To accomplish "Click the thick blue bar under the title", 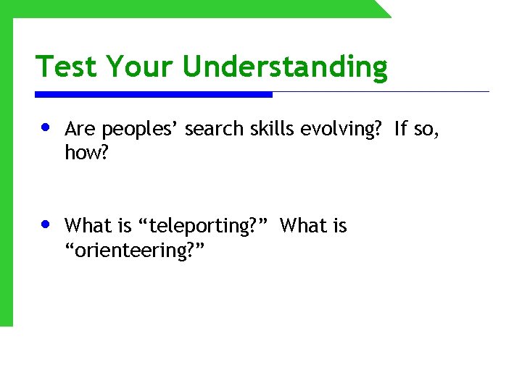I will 154,94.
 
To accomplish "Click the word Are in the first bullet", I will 80,130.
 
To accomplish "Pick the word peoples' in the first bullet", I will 141,130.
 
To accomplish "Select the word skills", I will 263,130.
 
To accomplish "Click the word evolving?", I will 336,130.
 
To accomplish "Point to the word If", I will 401,130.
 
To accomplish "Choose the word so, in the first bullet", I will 427,130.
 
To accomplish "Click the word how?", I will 84,153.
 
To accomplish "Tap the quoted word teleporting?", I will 204,227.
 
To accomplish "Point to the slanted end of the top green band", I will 382,9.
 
